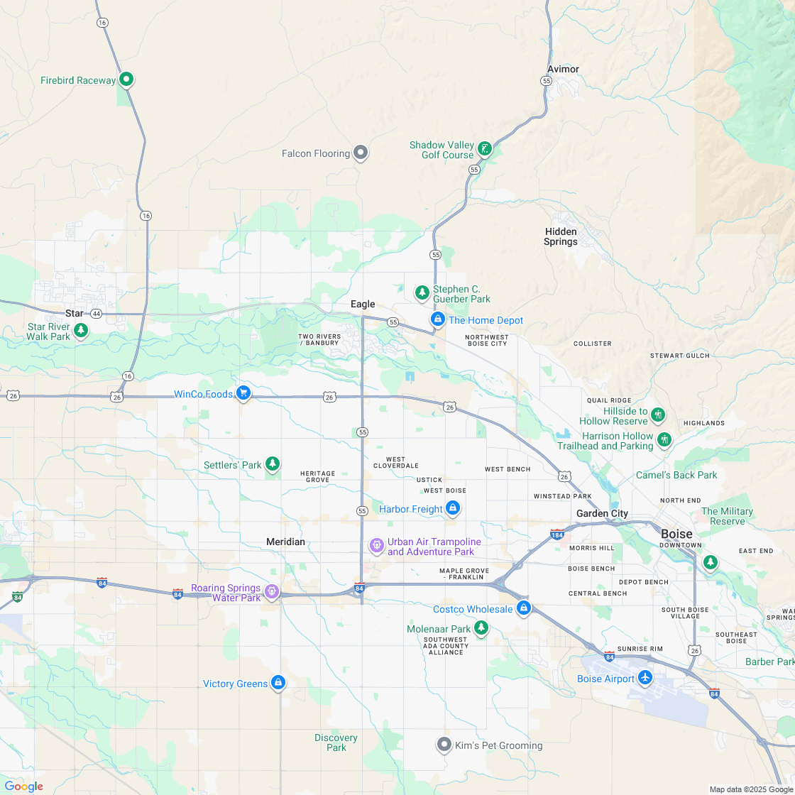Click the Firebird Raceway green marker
coord(126,79)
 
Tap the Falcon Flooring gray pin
coord(361,153)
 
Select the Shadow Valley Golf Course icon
coord(484,148)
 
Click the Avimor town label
coord(563,69)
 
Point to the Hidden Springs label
coord(561,236)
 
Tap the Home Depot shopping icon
coord(438,320)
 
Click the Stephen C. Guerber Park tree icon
coord(422,292)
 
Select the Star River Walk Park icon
coord(82,330)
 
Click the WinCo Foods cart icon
coord(243,393)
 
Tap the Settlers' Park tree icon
coord(273,464)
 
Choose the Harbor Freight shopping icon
coord(453,508)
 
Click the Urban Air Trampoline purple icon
coord(377,546)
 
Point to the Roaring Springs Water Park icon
coord(271,591)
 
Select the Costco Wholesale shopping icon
coord(523,608)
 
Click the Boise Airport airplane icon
coord(645,678)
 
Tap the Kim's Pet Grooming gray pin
coord(444,745)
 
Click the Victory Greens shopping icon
coord(278,683)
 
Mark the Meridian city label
coord(285,542)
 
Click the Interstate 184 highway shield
coord(557,533)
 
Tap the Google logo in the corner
coord(23,786)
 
